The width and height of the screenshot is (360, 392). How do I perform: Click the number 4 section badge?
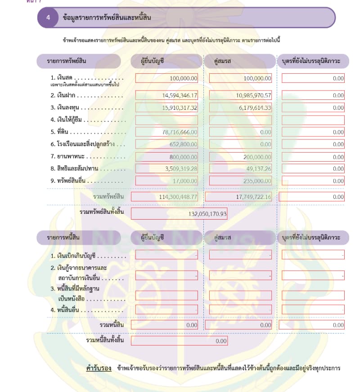48,18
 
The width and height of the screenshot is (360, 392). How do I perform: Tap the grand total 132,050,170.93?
207,214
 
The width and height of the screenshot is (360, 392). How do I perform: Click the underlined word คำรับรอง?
99,368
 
